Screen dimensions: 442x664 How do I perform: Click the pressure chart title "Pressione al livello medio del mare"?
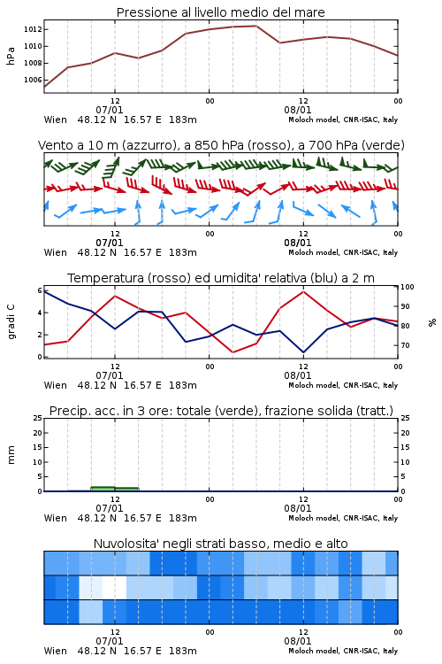pos(220,12)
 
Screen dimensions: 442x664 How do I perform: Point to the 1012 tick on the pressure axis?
pos(33,29)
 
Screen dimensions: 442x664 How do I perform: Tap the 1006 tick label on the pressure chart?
pos(33,80)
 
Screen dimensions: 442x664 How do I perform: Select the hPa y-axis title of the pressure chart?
pos(11,56)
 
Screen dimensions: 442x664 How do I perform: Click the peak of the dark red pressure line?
pos(255,26)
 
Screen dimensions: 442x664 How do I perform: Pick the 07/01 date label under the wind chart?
pos(109,243)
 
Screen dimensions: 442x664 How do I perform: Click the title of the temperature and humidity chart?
pos(220,278)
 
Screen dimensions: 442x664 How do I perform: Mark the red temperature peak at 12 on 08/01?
pos(303,291)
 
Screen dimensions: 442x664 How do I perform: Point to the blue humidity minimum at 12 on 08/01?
pos(303,352)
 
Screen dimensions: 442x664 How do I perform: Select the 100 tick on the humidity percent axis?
pos(408,287)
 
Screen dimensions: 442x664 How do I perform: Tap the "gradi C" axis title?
pos(11,321)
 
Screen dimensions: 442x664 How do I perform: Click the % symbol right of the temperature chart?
pos(432,322)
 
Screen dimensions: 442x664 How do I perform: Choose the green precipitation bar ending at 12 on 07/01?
pos(103,489)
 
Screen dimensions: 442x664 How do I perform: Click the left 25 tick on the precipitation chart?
pos(38,418)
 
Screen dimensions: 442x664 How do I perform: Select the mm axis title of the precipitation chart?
pos(11,455)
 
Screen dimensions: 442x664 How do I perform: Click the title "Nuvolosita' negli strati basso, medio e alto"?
pos(220,544)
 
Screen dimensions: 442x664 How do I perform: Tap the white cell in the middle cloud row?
pos(114,587)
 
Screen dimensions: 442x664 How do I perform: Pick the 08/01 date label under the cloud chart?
pos(297,641)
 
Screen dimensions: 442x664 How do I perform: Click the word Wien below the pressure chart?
pos(56,120)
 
